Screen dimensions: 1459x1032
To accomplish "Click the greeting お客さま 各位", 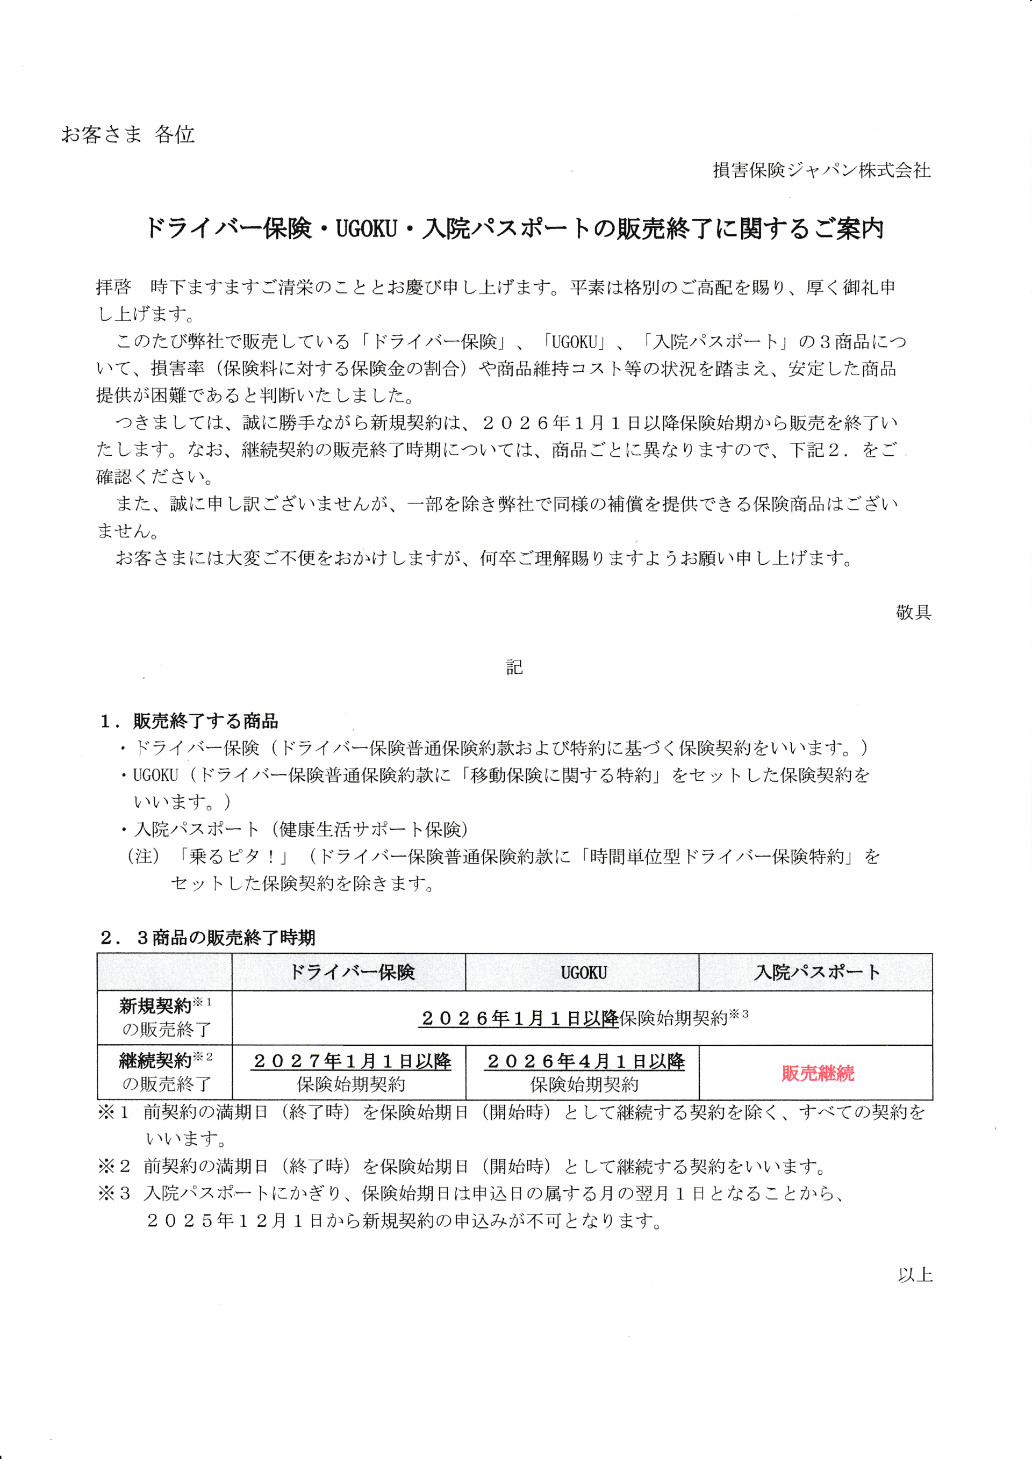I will pyautogui.click(x=128, y=135).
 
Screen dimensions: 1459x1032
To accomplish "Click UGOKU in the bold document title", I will pyautogui.click(x=366, y=229).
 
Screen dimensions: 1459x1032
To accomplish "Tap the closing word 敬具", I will pyautogui.click(x=913, y=612).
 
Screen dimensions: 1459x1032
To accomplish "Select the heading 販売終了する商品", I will pyautogui.click(x=205, y=721).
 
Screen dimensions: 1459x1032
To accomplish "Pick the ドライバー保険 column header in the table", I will pyautogui.click(x=352, y=972).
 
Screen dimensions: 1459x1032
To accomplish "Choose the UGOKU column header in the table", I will pyautogui.click(x=583, y=973).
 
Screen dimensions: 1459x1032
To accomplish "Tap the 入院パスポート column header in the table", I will pyautogui.click(x=816, y=972).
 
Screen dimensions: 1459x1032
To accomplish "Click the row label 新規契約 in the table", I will pyautogui.click(x=155, y=1007).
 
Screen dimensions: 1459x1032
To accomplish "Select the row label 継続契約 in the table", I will pyautogui.click(x=155, y=1061).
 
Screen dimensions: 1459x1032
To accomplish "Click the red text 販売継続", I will pyautogui.click(x=817, y=1073).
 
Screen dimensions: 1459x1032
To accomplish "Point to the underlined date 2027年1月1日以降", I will pyautogui.click(x=352, y=1061).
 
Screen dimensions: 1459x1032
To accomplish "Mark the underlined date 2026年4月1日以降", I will pyautogui.click(x=585, y=1061).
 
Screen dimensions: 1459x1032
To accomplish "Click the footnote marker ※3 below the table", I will pyautogui.click(x=114, y=1194).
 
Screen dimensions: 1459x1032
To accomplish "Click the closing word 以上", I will pyautogui.click(x=914, y=1275).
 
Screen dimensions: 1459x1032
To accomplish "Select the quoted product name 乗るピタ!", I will pyautogui.click(x=232, y=857).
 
